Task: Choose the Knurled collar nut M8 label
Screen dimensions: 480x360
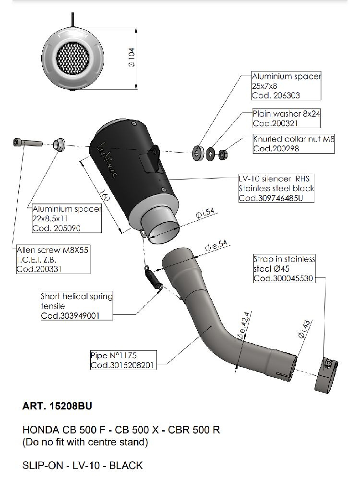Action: click(293, 139)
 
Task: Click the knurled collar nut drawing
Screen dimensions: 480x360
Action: click(223, 154)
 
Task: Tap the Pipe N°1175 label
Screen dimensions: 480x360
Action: click(114, 356)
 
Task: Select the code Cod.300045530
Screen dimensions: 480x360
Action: click(283, 278)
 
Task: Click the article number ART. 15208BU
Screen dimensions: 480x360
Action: click(57, 407)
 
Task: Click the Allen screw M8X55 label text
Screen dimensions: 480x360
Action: click(46, 251)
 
